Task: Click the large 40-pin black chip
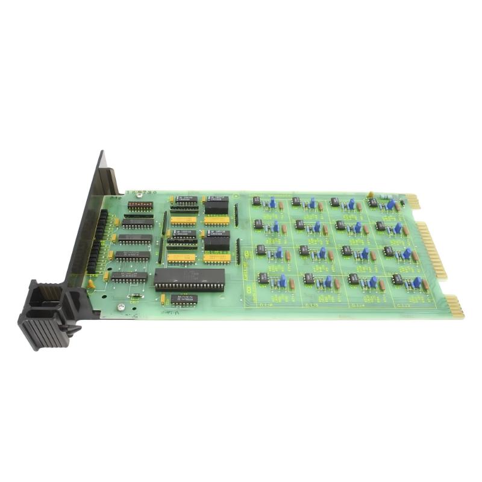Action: tap(189, 279)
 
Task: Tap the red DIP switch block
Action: tap(140, 205)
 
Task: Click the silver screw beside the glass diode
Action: tap(121, 307)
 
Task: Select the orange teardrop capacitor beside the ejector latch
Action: tap(91, 283)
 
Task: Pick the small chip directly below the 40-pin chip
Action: tap(183, 299)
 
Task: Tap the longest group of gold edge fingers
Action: tap(433, 250)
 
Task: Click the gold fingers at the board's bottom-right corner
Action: tap(455, 305)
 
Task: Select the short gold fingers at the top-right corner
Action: tap(413, 201)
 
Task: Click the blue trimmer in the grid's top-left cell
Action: tap(272, 203)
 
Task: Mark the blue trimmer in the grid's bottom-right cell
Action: tap(416, 281)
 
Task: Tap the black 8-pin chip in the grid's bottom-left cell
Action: tap(264, 278)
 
